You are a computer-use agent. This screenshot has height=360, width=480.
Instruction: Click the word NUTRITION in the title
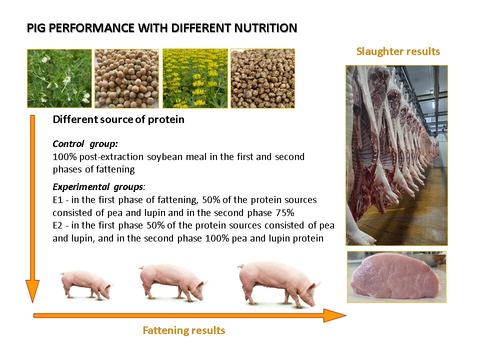(265, 28)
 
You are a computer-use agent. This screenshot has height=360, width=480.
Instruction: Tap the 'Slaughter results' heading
(398, 51)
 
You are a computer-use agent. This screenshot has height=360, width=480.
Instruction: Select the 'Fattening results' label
(183, 330)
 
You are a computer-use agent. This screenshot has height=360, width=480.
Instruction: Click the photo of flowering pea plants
(59, 78)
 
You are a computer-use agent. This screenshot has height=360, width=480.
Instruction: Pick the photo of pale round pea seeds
(126, 78)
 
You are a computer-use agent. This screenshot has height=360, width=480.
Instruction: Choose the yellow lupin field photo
(195, 78)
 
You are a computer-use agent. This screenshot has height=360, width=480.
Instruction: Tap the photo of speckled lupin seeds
(262, 78)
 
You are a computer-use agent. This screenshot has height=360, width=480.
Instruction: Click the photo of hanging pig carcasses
(396, 155)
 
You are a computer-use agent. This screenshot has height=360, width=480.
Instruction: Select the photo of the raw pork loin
(396, 277)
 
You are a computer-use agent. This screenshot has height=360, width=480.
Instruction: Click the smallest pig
(86, 284)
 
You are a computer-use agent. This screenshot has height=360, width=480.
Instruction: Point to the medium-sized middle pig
(173, 282)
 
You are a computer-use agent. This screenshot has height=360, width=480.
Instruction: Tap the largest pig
(278, 283)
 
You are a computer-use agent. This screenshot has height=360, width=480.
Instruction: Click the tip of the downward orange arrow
(32, 302)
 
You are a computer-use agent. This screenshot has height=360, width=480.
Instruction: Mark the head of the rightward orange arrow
(345, 315)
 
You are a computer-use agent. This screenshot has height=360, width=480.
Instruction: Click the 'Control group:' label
(85, 143)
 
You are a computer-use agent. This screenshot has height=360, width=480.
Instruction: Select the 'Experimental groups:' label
(99, 186)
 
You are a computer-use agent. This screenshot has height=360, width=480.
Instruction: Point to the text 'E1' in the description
(57, 200)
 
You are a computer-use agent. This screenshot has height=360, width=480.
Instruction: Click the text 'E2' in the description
(57, 225)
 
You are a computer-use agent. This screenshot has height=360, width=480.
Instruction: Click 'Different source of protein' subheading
(118, 119)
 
